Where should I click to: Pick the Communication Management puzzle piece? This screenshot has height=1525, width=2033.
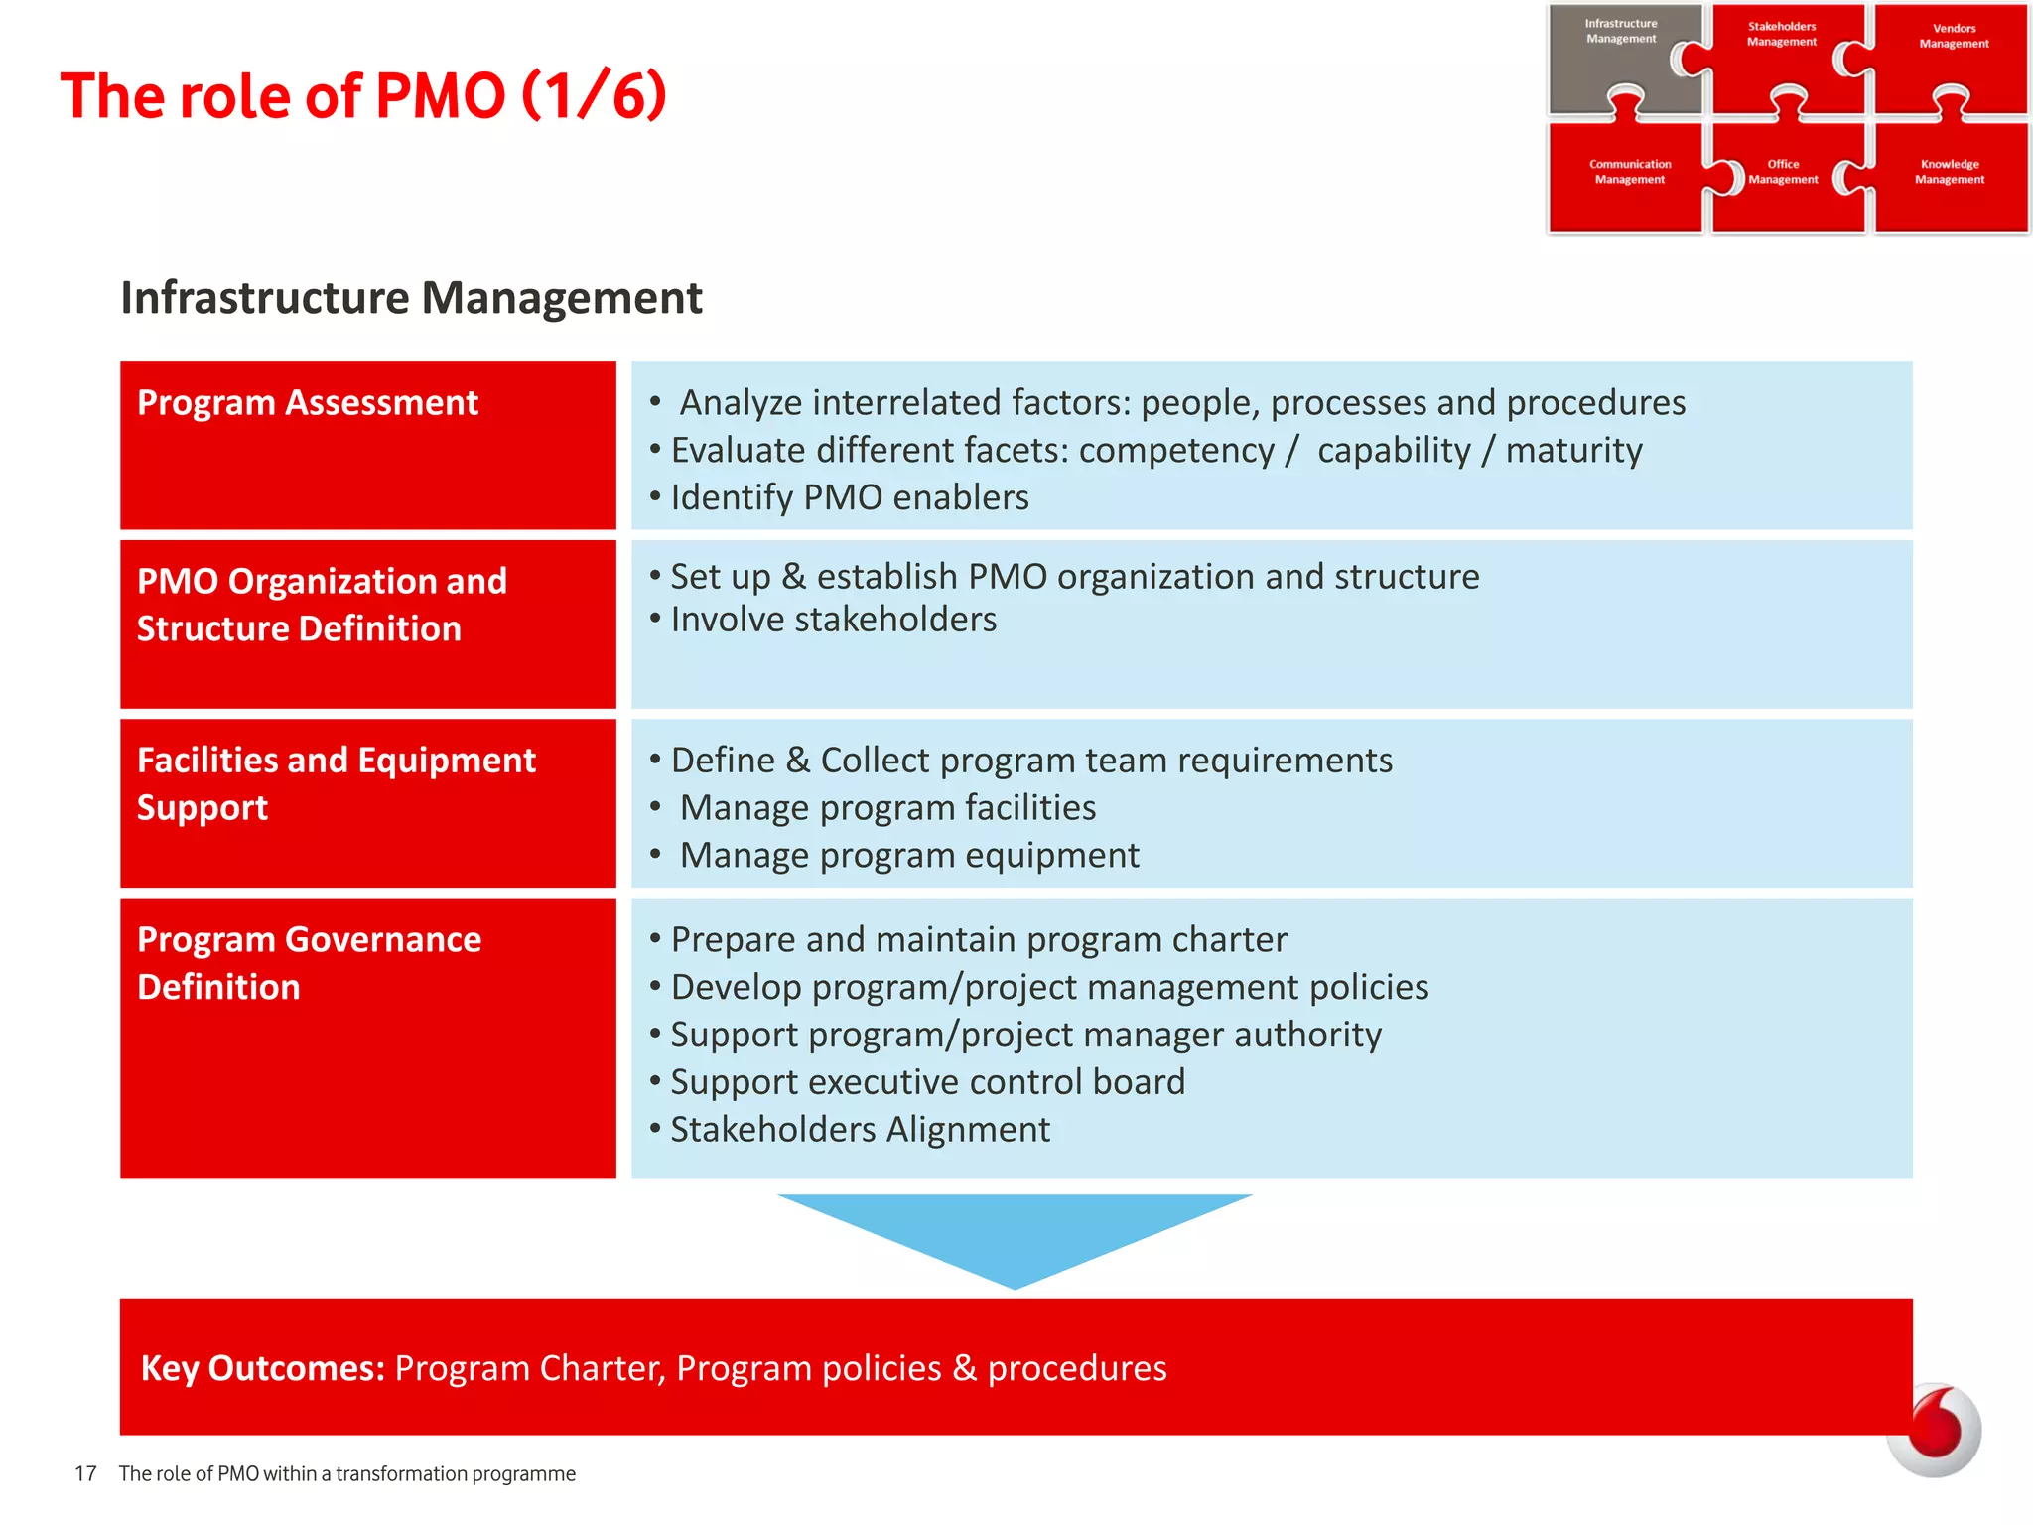1626,179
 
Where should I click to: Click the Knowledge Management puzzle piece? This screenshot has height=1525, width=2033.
1950,179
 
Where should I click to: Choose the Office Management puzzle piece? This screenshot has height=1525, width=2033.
1784,179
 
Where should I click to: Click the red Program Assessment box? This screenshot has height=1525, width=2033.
367,445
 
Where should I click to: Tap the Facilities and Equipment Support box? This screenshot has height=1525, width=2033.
367,802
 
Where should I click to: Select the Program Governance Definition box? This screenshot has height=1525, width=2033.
367,1038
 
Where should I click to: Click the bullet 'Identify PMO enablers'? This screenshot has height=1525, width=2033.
849,497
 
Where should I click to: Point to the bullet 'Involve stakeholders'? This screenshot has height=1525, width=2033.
833,620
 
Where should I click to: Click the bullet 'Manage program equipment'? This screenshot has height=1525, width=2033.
908,856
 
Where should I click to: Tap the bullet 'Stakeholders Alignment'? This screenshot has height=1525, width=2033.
860,1130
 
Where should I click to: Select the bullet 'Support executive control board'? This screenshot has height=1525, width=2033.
927,1082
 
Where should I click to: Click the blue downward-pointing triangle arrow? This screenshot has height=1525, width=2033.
1015,1231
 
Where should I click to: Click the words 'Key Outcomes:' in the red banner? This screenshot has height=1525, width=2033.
263,1368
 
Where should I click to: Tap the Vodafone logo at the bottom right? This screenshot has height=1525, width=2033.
1934,1431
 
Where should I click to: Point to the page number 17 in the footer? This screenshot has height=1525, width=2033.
85,1474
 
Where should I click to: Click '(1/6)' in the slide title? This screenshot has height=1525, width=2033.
594,96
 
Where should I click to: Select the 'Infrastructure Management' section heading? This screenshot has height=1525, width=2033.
411,298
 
